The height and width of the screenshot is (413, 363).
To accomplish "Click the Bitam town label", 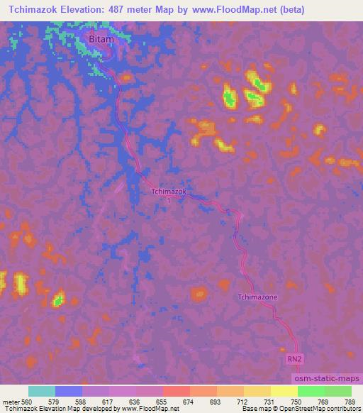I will [102, 40].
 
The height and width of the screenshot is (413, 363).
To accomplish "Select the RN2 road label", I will [295, 360].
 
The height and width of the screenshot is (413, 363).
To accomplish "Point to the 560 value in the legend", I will [27, 402].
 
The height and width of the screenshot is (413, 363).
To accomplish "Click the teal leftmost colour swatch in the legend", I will [42, 391].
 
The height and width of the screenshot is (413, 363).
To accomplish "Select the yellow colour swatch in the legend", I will [284, 391].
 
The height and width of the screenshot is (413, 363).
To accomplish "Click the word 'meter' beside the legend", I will [9, 402].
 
